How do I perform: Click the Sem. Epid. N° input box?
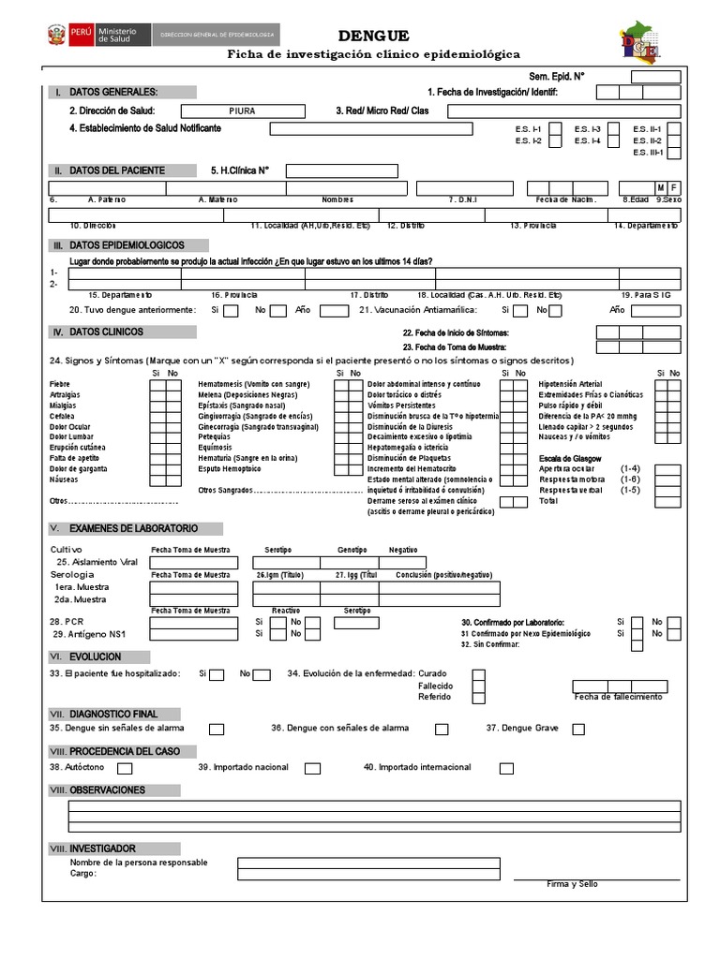click(661, 76)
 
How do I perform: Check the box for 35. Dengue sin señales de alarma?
click(217, 729)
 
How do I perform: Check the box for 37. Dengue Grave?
click(578, 729)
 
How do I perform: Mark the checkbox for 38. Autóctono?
click(125, 768)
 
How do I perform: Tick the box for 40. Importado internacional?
click(506, 768)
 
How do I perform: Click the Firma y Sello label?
click(572, 884)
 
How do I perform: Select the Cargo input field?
click(367, 875)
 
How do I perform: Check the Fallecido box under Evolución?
click(478, 686)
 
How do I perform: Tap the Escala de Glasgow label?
click(569, 458)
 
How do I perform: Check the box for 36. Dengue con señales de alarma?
click(442, 729)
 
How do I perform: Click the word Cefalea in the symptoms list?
click(64, 416)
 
